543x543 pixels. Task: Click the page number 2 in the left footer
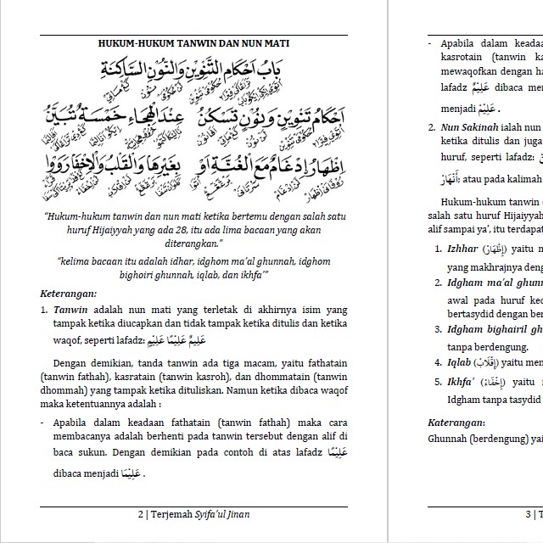pos(140,514)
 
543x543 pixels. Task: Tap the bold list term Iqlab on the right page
pos(461,361)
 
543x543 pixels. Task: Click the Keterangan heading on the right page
pos(456,423)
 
